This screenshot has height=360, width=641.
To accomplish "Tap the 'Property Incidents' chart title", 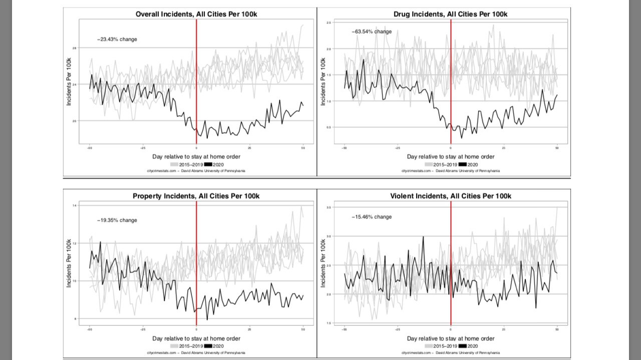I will pos(196,196).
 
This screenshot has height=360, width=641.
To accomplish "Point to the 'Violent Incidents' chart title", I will pos(451,196).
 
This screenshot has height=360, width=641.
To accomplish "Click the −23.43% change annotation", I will pos(117,39).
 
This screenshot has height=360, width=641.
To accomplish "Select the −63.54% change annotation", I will pos(372,32).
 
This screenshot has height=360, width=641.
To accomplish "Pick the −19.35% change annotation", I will pos(117,220).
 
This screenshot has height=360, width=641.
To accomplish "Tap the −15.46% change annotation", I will pos(372,217).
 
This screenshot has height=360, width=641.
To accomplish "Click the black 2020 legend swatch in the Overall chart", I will pos(208,164).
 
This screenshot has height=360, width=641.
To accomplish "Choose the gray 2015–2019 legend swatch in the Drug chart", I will pos(429,164).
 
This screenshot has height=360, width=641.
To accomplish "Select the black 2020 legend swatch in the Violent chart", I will pos(462,346).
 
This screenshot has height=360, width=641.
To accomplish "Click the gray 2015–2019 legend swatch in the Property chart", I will pos(174,346).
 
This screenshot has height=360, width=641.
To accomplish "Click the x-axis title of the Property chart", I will pos(196,338).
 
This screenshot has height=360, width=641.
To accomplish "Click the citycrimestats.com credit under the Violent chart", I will pos(451,352).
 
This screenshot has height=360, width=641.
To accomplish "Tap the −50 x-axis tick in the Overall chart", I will pos(90,148).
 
